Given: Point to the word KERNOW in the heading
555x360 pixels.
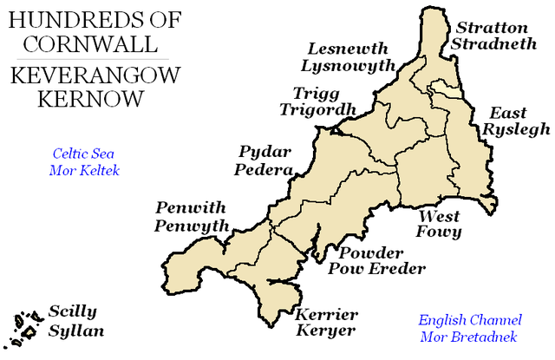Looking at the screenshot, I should tap(89, 98).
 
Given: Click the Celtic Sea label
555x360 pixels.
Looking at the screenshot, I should tap(83, 154).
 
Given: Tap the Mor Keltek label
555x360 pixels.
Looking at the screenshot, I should tap(83, 170).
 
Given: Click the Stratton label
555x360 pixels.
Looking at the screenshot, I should tap(492, 29).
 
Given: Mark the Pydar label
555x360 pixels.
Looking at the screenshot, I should tap(263, 153).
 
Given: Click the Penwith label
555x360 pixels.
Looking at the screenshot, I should tap(190, 208).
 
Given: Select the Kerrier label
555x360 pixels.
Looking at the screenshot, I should tap(327, 314).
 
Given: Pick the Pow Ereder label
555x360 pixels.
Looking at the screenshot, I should tap(376, 269).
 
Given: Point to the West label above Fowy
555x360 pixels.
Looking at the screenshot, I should tap(439, 215).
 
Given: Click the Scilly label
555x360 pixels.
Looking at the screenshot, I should tap(73, 311).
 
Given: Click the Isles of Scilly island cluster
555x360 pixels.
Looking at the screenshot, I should tap(23, 326).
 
